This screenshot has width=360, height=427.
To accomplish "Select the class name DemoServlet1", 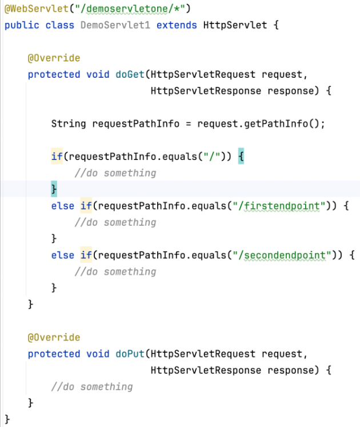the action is pos(116,26).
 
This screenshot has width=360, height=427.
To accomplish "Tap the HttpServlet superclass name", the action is pos(234,26).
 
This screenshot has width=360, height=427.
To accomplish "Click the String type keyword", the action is pos(69,124).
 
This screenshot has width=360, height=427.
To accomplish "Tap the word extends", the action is pos(177,26).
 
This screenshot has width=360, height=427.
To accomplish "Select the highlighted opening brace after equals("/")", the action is pos(241,157).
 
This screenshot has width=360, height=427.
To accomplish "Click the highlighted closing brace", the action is pos(54,189).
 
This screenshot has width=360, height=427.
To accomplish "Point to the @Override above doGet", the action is pos(54,58).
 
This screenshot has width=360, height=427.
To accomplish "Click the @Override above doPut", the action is pos(54,337).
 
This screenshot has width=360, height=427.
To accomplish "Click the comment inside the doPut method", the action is pos(91,386).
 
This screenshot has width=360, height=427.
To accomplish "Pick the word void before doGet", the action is pos(98,75).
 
